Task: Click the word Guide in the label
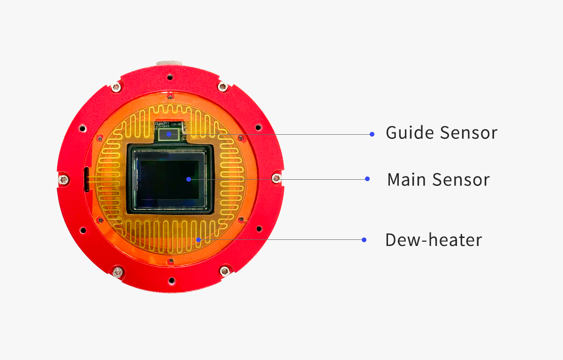click(410, 132)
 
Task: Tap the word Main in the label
click(406, 180)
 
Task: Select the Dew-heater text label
click(434, 240)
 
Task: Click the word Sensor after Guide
click(469, 133)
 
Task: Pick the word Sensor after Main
click(461, 180)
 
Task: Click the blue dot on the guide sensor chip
click(169, 134)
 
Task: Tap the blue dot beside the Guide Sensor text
click(372, 135)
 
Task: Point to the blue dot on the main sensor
click(189, 179)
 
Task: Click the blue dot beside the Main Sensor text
click(367, 179)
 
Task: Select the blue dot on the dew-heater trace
click(198, 240)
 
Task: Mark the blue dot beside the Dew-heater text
click(364, 240)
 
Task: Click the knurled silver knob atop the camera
click(169, 63)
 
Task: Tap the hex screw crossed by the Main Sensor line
click(276, 178)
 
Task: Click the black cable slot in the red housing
click(87, 179)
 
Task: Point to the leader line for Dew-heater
click(281, 240)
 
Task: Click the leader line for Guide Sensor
click(270, 135)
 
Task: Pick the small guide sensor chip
click(169, 135)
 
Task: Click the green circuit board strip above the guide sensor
click(169, 124)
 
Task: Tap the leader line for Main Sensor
click(278, 179)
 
